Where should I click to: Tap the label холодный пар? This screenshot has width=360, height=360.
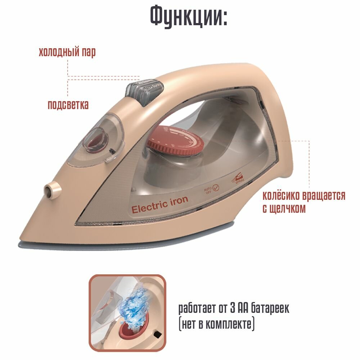[x=67, y=53]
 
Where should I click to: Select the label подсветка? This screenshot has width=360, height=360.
[x=68, y=105]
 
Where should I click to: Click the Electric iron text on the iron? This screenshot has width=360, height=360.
[x=159, y=205]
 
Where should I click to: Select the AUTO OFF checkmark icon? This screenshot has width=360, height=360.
[x=216, y=188]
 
